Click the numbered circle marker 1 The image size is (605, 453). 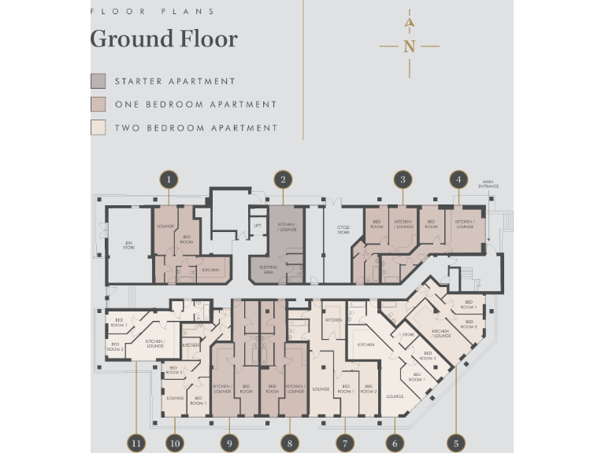click(x=168, y=179)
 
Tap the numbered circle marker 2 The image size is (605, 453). click(x=283, y=179)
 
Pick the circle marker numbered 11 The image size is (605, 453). click(x=137, y=443)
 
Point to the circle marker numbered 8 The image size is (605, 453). click(x=290, y=443)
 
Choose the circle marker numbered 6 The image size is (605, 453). click(x=395, y=443)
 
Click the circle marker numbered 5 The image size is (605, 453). click(x=455, y=443)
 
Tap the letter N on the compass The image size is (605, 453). click(x=409, y=46)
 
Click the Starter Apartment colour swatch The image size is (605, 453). click(x=98, y=81)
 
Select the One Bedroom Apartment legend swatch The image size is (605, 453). click(x=98, y=104)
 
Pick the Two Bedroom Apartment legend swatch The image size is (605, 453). click(x=98, y=127)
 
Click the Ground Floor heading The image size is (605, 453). click(x=164, y=39)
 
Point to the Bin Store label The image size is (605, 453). click(x=128, y=245)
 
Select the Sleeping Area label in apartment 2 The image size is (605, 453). click(x=266, y=269)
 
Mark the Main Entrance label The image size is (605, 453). click(x=489, y=185)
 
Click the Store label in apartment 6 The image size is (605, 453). click(x=408, y=335)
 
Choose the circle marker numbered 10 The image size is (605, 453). click(x=175, y=443)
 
